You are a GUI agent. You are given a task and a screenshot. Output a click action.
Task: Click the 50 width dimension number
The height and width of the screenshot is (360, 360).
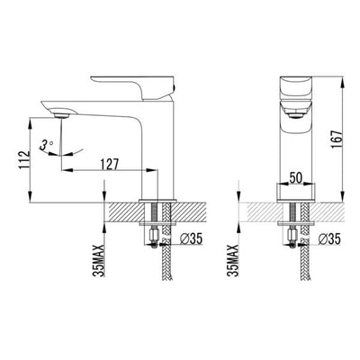(296, 177)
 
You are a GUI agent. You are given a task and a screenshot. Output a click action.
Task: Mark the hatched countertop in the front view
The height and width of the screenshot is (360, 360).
(261, 211)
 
